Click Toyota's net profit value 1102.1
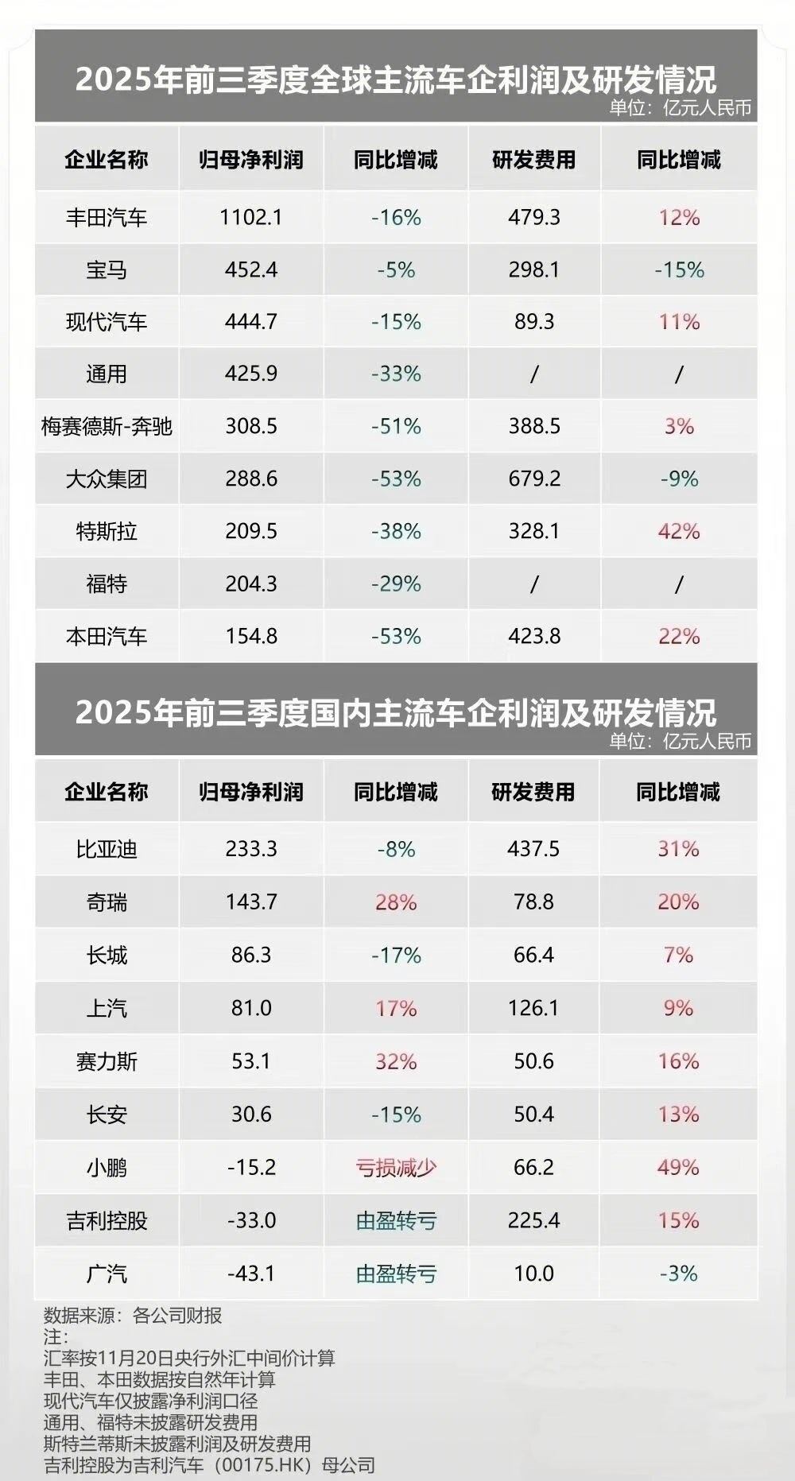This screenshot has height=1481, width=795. tap(251, 217)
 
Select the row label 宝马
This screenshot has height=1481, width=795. tap(107, 270)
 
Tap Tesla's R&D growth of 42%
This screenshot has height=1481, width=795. tap(679, 531)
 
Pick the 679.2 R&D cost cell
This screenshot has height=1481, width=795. tap(534, 479)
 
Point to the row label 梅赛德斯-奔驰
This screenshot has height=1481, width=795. tap(107, 427)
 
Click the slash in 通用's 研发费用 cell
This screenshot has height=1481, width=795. tap(534, 374)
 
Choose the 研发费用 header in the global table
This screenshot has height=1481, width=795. tap(534, 160)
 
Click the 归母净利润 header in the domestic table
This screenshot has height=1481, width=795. tap(251, 792)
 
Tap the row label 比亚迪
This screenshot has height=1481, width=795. tap(107, 849)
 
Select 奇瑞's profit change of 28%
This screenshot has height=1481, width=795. tap(396, 902)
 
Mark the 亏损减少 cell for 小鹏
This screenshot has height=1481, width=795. tap(396, 1168)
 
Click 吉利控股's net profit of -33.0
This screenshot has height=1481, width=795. tap(251, 1220)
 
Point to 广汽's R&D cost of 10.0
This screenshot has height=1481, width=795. tap(534, 1274)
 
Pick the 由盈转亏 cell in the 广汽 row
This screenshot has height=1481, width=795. tap(396, 1274)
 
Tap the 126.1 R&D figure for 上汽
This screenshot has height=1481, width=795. tap(534, 1008)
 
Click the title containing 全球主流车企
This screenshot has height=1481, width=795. tap(396, 79)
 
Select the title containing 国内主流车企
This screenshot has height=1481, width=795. tap(396, 712)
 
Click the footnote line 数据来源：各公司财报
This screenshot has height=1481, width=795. tap(133, 1316)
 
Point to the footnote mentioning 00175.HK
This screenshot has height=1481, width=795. tap(209, 1464)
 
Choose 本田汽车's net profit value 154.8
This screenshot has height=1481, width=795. tap(251, 636)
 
